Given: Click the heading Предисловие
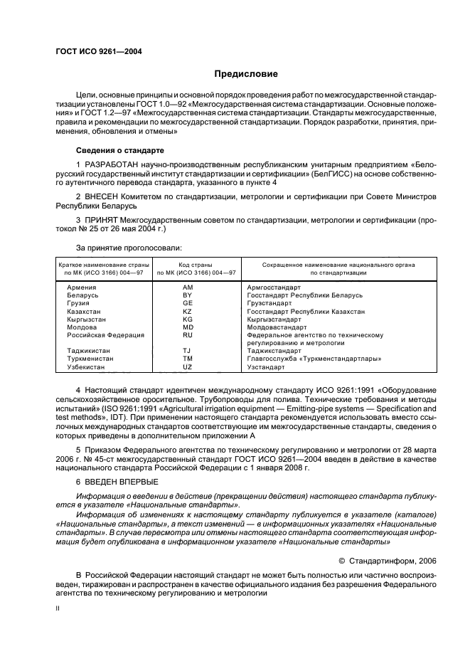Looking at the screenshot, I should (247, 74).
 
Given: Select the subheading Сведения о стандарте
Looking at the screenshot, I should (119, 152).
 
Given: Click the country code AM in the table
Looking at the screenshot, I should (188, 286).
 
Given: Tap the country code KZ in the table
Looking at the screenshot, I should (188, 312).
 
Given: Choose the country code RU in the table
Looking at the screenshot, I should (188, 334).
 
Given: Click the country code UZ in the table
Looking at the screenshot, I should (188, 367).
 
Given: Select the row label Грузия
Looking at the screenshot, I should (78, 303).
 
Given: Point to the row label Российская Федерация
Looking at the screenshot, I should (105, 334).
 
